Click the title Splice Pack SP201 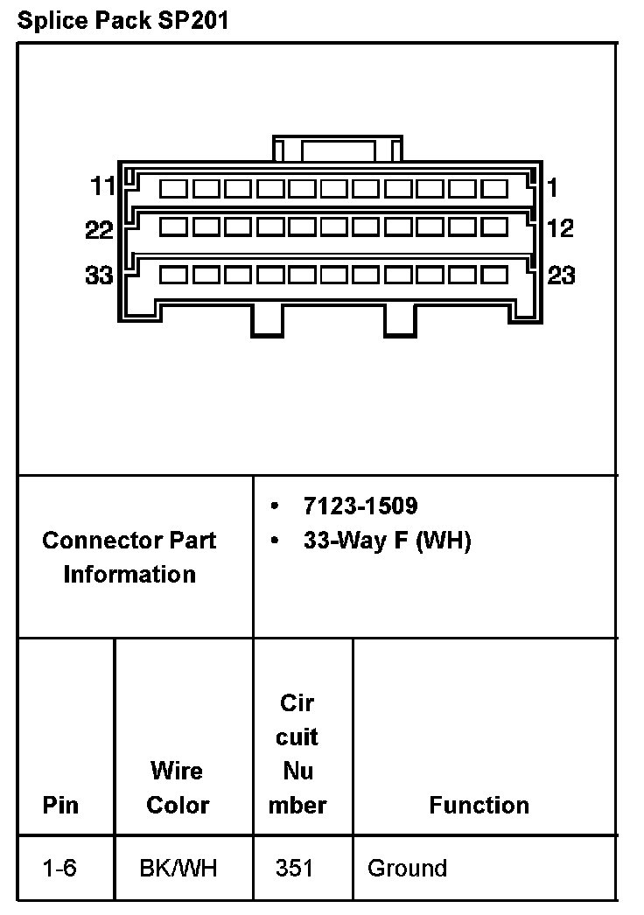(122, 21)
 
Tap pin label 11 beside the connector (103, 186)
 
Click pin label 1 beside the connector (553, 186)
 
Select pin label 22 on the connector (100, 230)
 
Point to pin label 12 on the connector (560, 228)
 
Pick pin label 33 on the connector (100, 276)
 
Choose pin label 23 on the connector (561, 276)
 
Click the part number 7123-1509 (360, 506)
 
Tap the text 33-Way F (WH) (387, 541)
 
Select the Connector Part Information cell (129, 557)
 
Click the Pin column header (60, 805)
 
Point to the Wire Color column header (178, 788)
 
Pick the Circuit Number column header (297, 753)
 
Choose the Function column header (479, 805)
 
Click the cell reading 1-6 (59, 869)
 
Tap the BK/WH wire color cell (178, 869)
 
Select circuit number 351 (294, 869)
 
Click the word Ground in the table (407, 869)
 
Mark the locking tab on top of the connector (338, 149)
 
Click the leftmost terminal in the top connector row (174, 188)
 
